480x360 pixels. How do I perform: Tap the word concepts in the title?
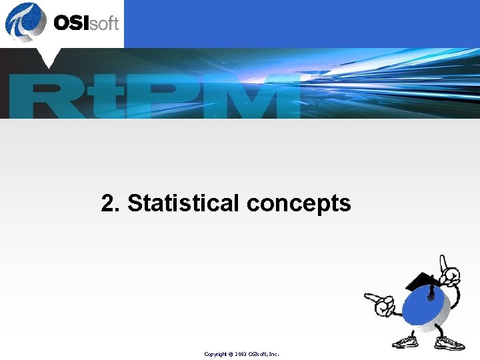299,204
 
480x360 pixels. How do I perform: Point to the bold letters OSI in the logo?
72,23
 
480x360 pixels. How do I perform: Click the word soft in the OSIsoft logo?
105,24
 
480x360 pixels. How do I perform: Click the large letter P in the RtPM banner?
160,97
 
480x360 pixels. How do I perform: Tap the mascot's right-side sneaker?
449,343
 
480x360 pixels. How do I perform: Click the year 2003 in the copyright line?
241,353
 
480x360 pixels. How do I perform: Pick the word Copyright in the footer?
217,353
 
